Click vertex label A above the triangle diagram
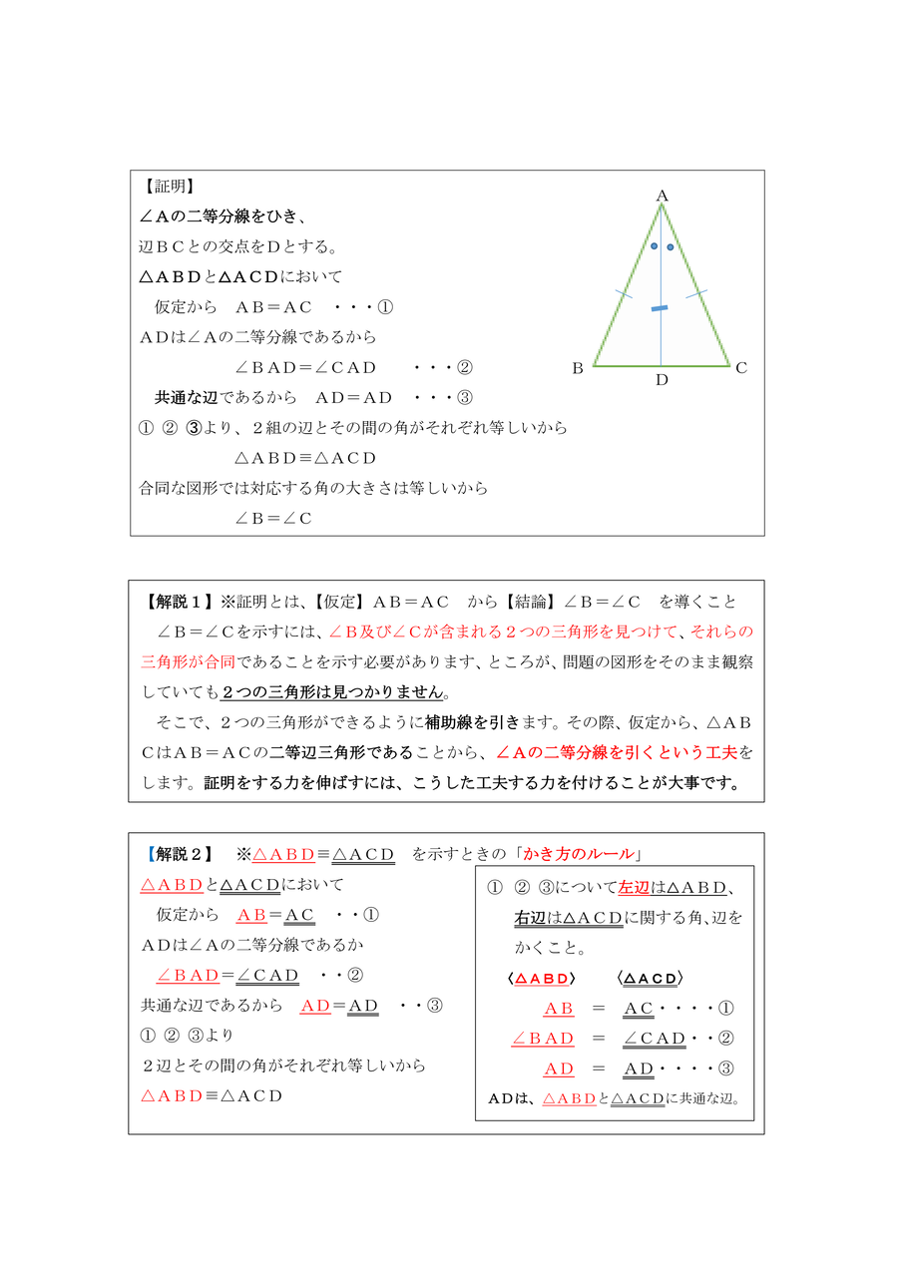point(662,196)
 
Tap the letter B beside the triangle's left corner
point(577,368)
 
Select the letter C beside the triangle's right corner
point(741,368)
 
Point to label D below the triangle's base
point(662,380)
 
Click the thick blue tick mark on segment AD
point(660,309)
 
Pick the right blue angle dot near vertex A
point(670,246)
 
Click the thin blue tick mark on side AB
point(624,293)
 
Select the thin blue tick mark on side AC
point(696,293)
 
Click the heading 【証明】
point(167,187)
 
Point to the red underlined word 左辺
point(634,887)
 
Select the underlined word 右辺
point(531,917)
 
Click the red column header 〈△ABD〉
point(542,979)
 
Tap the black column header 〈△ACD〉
point(651,979)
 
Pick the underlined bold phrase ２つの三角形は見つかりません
point(332,691)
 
